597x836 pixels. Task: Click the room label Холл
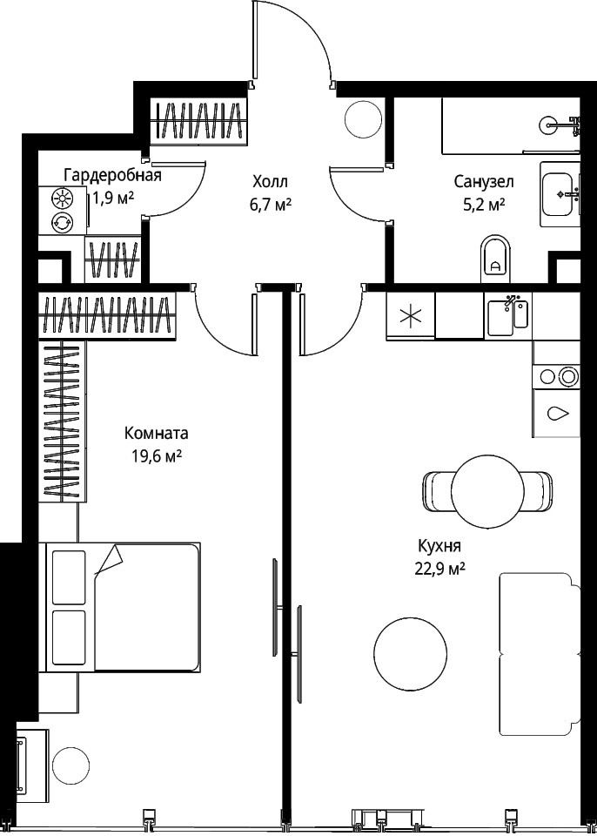pos(271,182)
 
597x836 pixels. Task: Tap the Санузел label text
pos(484,182)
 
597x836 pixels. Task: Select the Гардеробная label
pos(112,175)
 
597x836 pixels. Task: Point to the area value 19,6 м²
pos(156,456)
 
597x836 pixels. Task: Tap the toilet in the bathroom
pos(495,260)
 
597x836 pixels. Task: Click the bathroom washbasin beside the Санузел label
pos(560,194)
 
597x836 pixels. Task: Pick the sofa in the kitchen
pos(540,653)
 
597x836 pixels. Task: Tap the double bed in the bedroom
pos(123,607)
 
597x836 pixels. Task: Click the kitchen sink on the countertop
pos(507,315)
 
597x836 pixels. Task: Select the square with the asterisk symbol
pos(411,315)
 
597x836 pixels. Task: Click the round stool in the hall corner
pos(363,119)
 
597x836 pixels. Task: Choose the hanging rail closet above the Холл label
pos(198,121)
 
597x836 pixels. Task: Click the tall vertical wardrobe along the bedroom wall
pos(63,421)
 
